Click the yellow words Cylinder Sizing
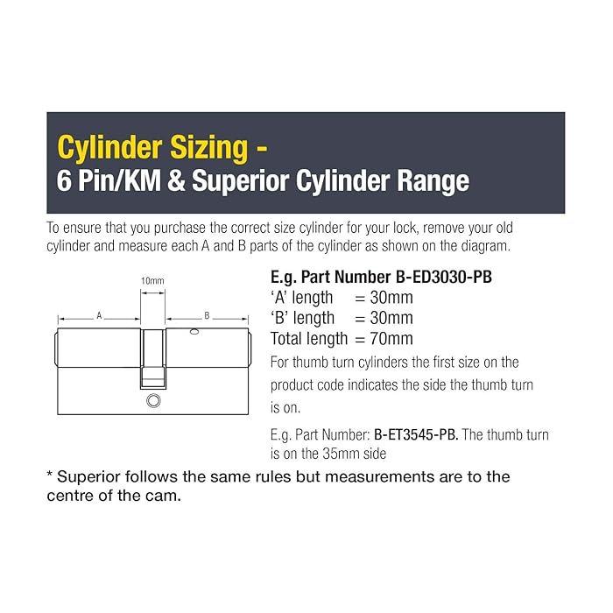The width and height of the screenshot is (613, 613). click(x=152, y=148)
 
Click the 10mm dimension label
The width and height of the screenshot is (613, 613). click(x=152, y=281)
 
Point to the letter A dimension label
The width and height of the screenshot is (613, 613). click(x=99, y=315)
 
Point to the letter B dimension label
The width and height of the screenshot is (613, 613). click(x=207, y=315)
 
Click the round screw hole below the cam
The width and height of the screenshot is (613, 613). click(x=153, y=401)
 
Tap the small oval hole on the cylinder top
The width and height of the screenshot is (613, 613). click(x=194, y=332)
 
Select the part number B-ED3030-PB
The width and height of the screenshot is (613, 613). click(x=444, y=278)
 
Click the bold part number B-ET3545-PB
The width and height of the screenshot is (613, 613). click(x=416, y=434)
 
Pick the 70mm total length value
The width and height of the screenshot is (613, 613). click(x=391, y=339)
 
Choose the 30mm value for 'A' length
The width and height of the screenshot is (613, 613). click(x=391, y=298)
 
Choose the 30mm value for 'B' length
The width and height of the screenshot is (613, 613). click(x=391, y=318)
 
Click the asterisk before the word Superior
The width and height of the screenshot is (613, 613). click(x=50, y=475)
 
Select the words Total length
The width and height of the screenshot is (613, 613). click(x=309, y=339)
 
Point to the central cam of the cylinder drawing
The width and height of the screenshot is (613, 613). click(x=153, y=359)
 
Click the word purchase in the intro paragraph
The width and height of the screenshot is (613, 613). click(x=180, y=229)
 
